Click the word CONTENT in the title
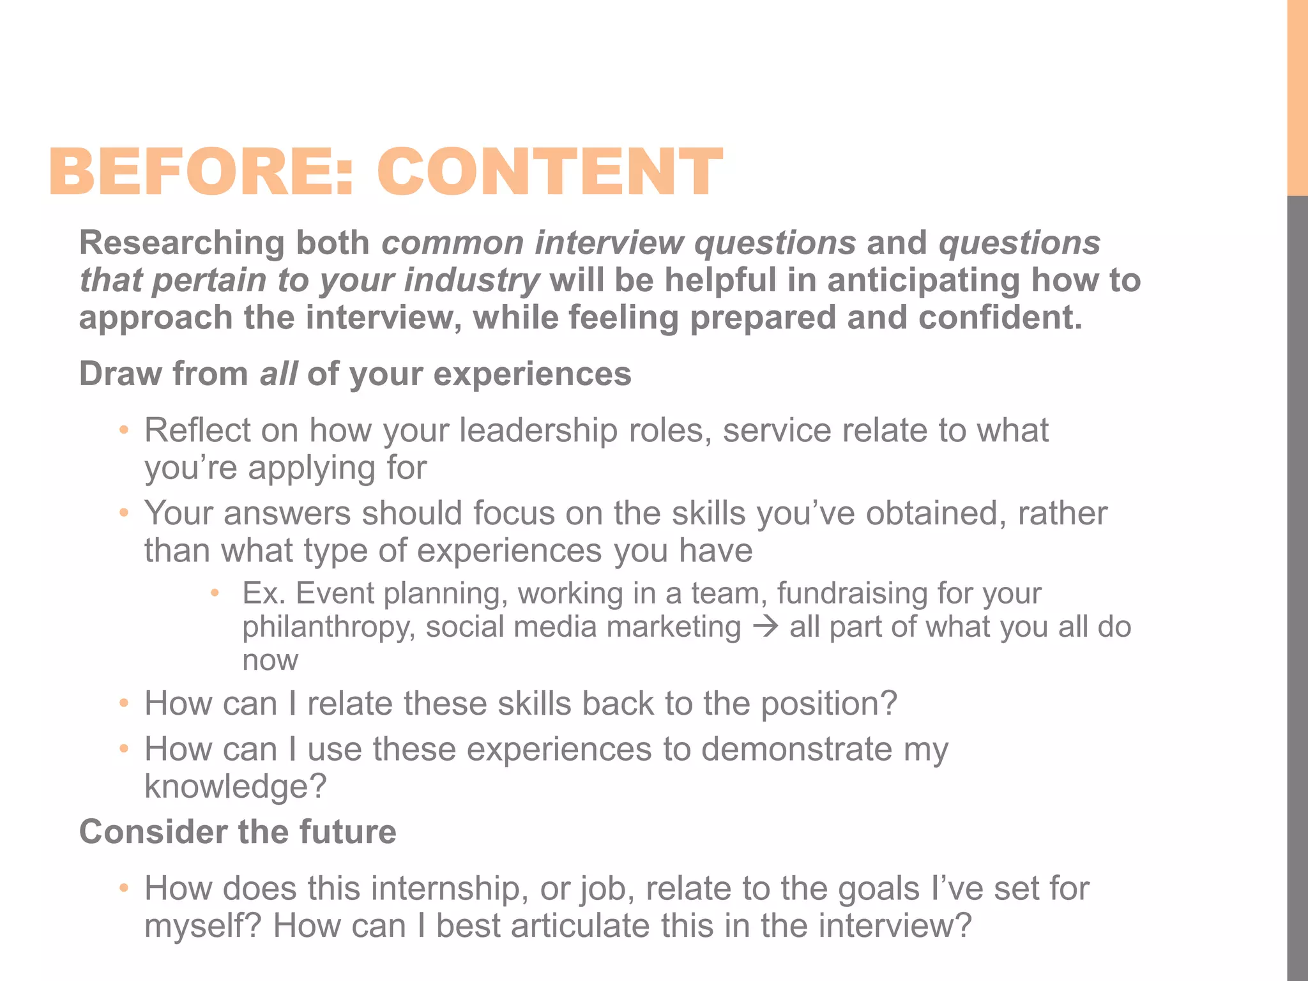pyautogui.click(x=549, y=171)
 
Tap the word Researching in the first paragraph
pyautogui.click(x=182, y=243)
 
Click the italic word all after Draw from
pyautogui.click(x=278, y=374)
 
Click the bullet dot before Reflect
pyautogui.click(x=124, y=430)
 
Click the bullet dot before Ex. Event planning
pyautogui.click(x=215, y=593)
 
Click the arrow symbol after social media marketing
pyautogui.click(x=765, y=627)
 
